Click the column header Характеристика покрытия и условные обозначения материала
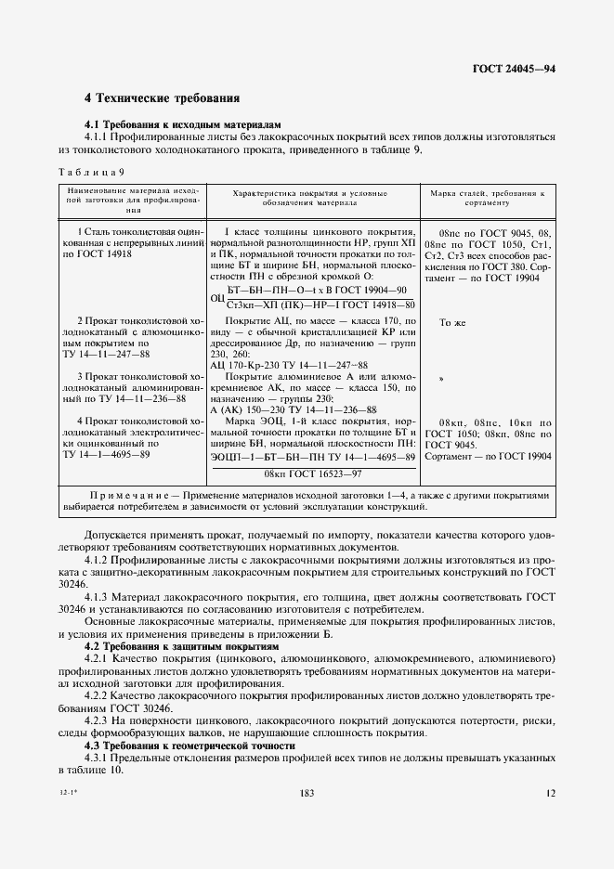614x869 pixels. click(310, 198)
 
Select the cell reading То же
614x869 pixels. click(451, 321)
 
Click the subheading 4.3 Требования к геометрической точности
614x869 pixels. click(190, 746)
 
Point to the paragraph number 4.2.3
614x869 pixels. click(98, 720)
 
